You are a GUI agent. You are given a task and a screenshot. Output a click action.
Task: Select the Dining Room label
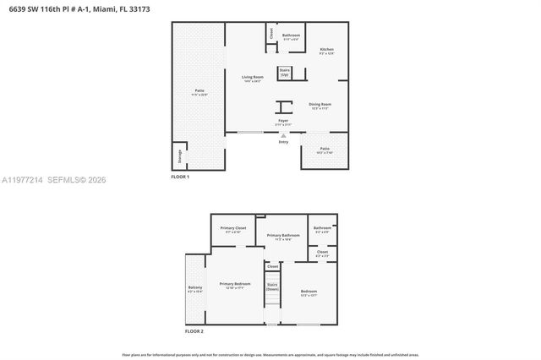tap(319, 106)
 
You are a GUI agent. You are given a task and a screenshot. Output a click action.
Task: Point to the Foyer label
tap(283, 123)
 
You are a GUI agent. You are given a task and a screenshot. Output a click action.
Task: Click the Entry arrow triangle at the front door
tap(283, 135)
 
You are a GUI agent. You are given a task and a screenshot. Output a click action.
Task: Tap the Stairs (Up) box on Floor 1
tap(284, 73)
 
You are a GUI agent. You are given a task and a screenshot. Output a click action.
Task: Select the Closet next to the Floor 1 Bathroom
tap(270, 34)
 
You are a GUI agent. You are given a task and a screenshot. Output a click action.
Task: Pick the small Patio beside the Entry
tap(325, 150)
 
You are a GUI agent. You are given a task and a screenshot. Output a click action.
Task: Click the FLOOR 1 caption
tap(180, 177)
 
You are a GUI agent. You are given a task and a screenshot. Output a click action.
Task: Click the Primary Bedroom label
tap(234, 286)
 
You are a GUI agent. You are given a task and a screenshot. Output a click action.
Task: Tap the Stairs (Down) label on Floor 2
tap(272, 286)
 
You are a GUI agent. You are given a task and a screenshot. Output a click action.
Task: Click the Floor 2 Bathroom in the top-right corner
tap(322, 229)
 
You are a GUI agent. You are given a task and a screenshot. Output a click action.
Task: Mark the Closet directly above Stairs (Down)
tap(272, 266)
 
